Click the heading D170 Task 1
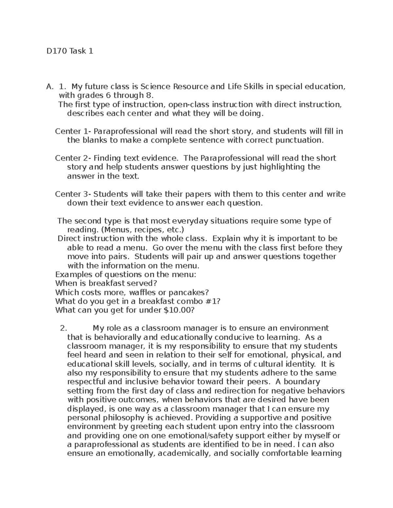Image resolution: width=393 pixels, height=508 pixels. pos(70,51)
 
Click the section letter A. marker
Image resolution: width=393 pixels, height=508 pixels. pos(49,87)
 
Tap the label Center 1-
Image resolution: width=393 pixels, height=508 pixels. pos(73,131)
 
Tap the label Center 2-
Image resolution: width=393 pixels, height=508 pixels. pos(73,158)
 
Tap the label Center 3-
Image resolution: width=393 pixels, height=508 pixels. pos(73,194)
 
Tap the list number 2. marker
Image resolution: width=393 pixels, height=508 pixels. pos(64,328)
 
